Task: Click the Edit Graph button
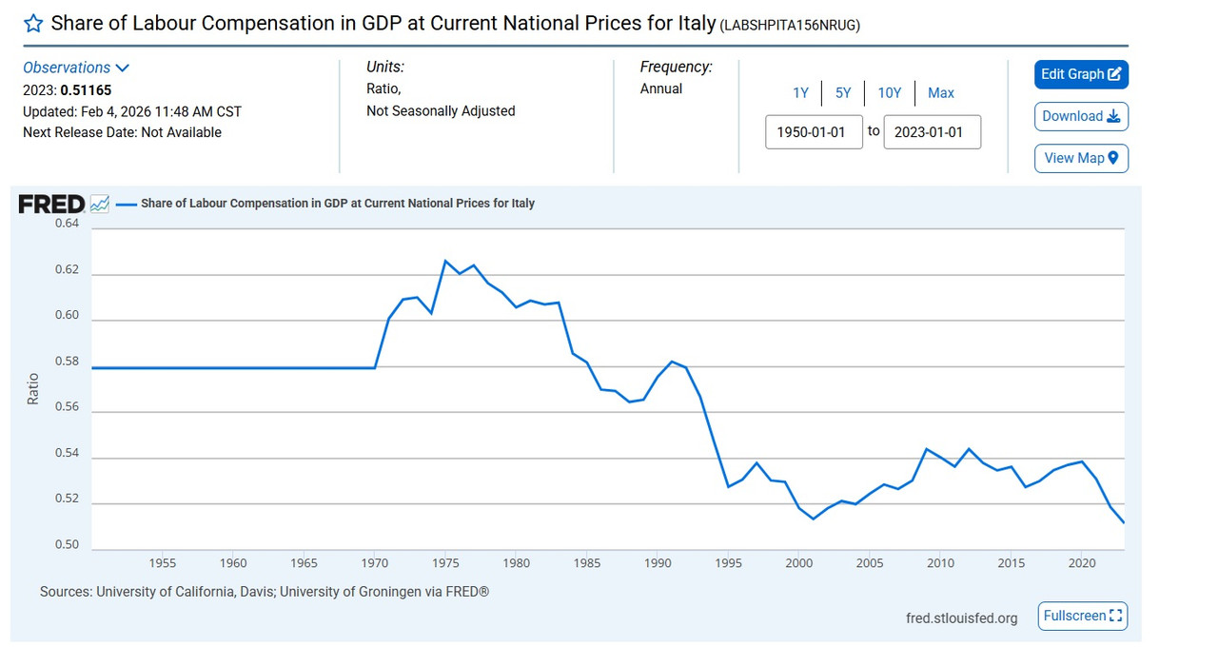(1081, 74)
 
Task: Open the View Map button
(1081, 158)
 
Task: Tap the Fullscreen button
(1083, 616)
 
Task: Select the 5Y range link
(843, 92)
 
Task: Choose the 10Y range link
(889, 92)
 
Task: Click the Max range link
(940, 92)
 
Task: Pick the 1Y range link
(800, 92)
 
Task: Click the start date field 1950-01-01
(814, 132)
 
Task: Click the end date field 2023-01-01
(932, 132)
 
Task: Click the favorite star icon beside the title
(33, 24)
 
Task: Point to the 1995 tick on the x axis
(729, 563)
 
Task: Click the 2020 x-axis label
(1082, 563)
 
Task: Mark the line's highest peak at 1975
(445, 260)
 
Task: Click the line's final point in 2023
(1124, 522)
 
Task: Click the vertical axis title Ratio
(33, 388)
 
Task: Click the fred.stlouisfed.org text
(961, 618)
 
